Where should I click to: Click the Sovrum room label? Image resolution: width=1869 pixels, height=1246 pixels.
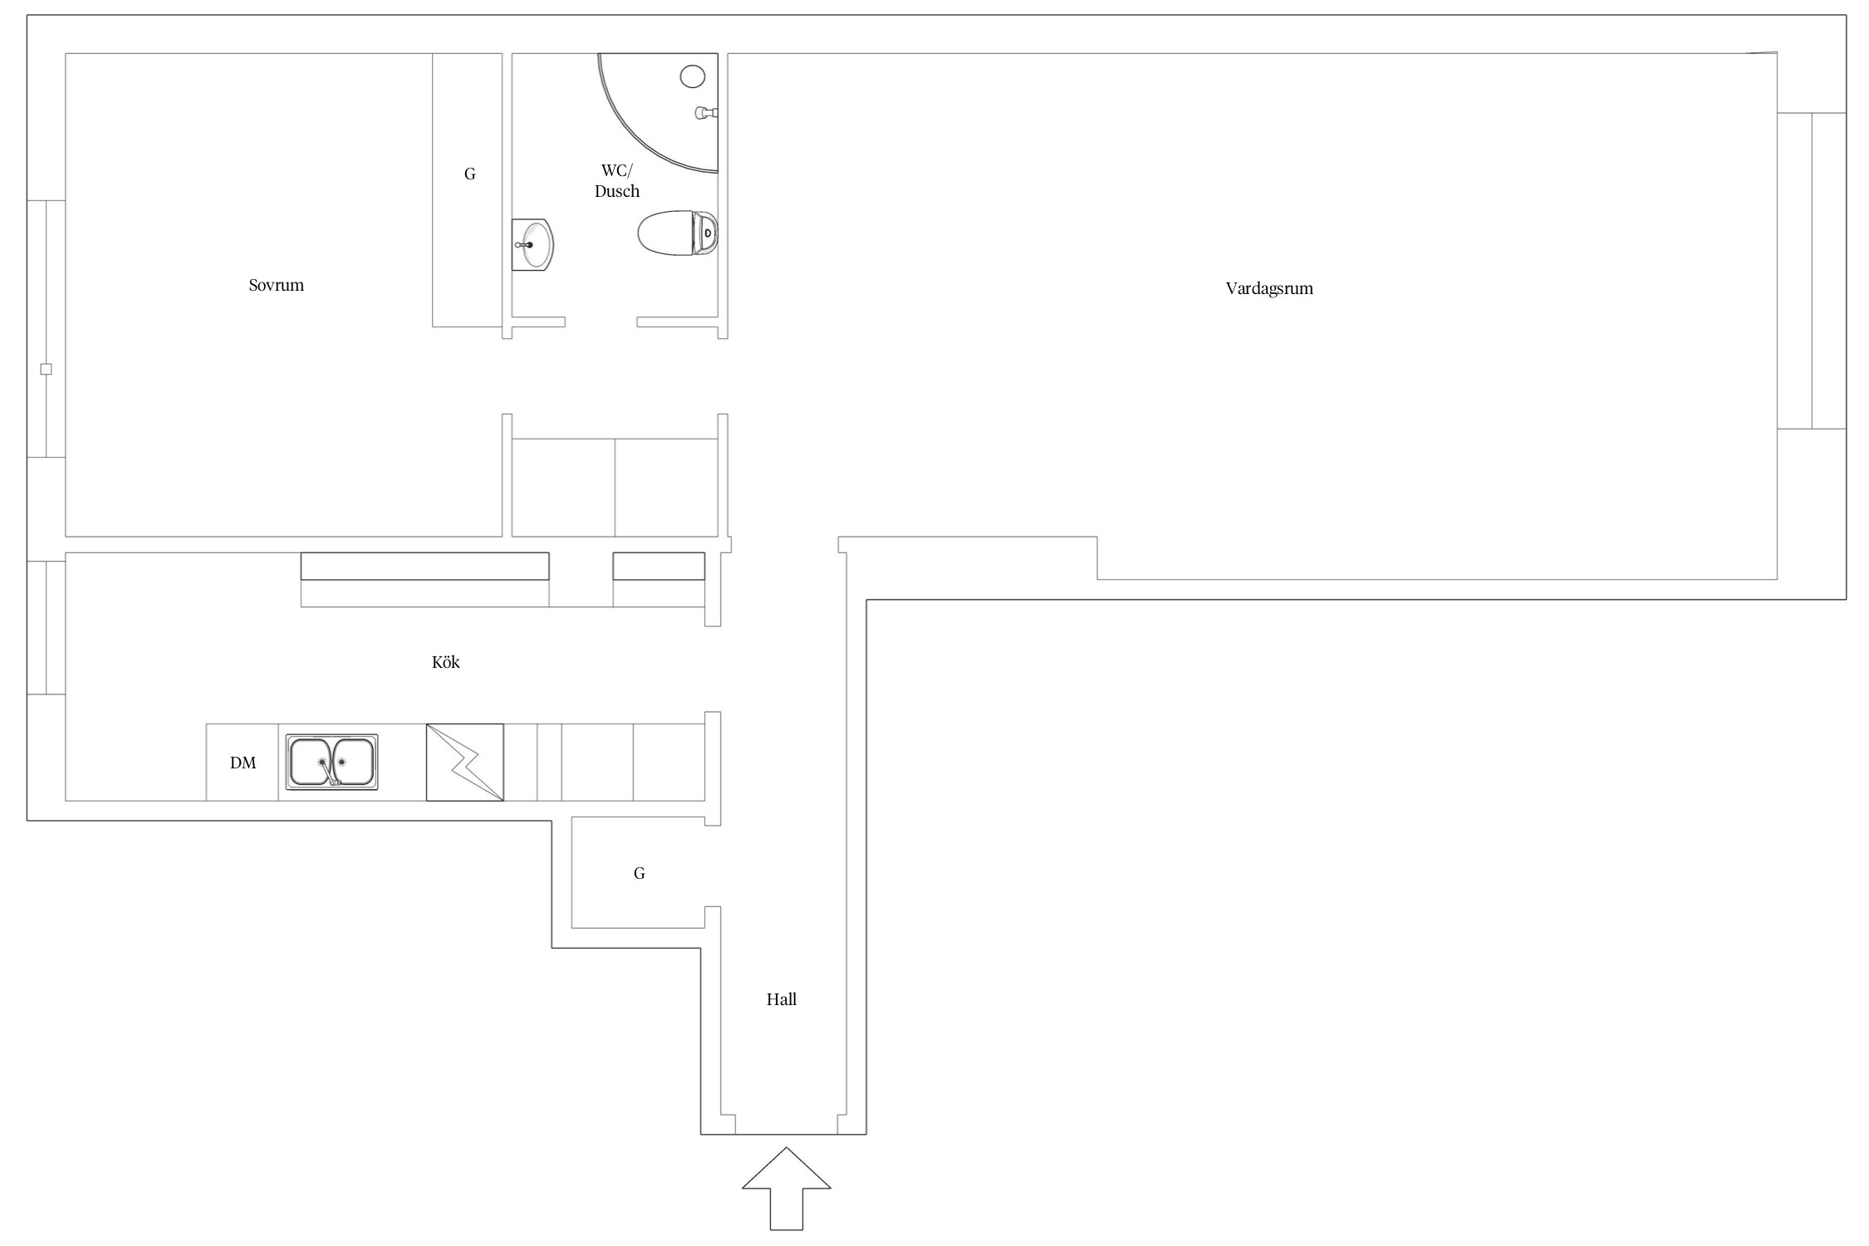pos(277,285)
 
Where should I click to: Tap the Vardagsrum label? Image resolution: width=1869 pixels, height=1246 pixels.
pos(1269,289)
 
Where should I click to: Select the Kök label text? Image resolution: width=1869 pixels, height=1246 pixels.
pos(446,662)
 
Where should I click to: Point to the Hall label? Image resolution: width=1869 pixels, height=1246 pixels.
pos(782,999)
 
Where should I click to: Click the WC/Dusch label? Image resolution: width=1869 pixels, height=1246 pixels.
pos(617,181)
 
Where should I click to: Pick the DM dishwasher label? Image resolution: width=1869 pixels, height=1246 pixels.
pos(243,763)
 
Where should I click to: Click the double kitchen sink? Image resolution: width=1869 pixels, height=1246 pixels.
pos(332,762)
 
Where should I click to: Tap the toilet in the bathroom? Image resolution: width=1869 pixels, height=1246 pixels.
pos(678,233)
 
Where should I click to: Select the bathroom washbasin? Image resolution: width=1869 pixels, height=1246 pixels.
pos(532,245)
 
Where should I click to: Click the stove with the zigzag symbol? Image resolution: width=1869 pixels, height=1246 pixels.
pos(465,763)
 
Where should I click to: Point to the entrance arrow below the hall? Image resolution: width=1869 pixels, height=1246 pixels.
pos(786,1189)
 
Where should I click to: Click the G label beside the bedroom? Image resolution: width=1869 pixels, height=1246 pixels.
pos(470,174)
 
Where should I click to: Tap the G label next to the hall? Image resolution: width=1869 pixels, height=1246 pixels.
pos(640,873)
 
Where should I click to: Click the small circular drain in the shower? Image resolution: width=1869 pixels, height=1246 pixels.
pos(693,77)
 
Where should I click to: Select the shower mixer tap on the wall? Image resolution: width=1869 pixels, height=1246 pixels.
pos(706,113)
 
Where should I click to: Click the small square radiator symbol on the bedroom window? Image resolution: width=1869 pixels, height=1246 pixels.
pos(47,370)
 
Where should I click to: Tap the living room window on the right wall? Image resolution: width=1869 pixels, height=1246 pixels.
pos(1811,271)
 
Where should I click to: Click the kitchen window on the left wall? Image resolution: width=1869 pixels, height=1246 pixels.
pos(47,628)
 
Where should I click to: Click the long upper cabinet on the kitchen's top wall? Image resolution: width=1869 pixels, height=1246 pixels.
pos(424,567)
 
